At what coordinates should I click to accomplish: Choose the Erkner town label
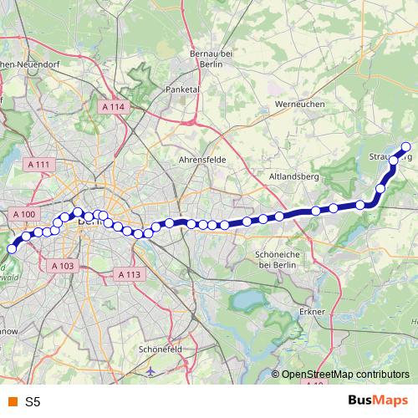coord(311,312)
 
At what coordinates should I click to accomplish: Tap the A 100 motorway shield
coord(25,215)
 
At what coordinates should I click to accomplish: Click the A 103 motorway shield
coord(63,265)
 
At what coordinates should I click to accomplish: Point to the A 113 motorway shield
coord(129,273)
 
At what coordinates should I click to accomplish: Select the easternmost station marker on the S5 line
coord(407,147)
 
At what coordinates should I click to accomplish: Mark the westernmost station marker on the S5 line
coord(12,248)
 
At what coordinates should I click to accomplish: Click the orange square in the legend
coord(12,401)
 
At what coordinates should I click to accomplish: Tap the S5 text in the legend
coord(33,401)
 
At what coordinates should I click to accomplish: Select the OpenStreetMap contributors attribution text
coord(345,375)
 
